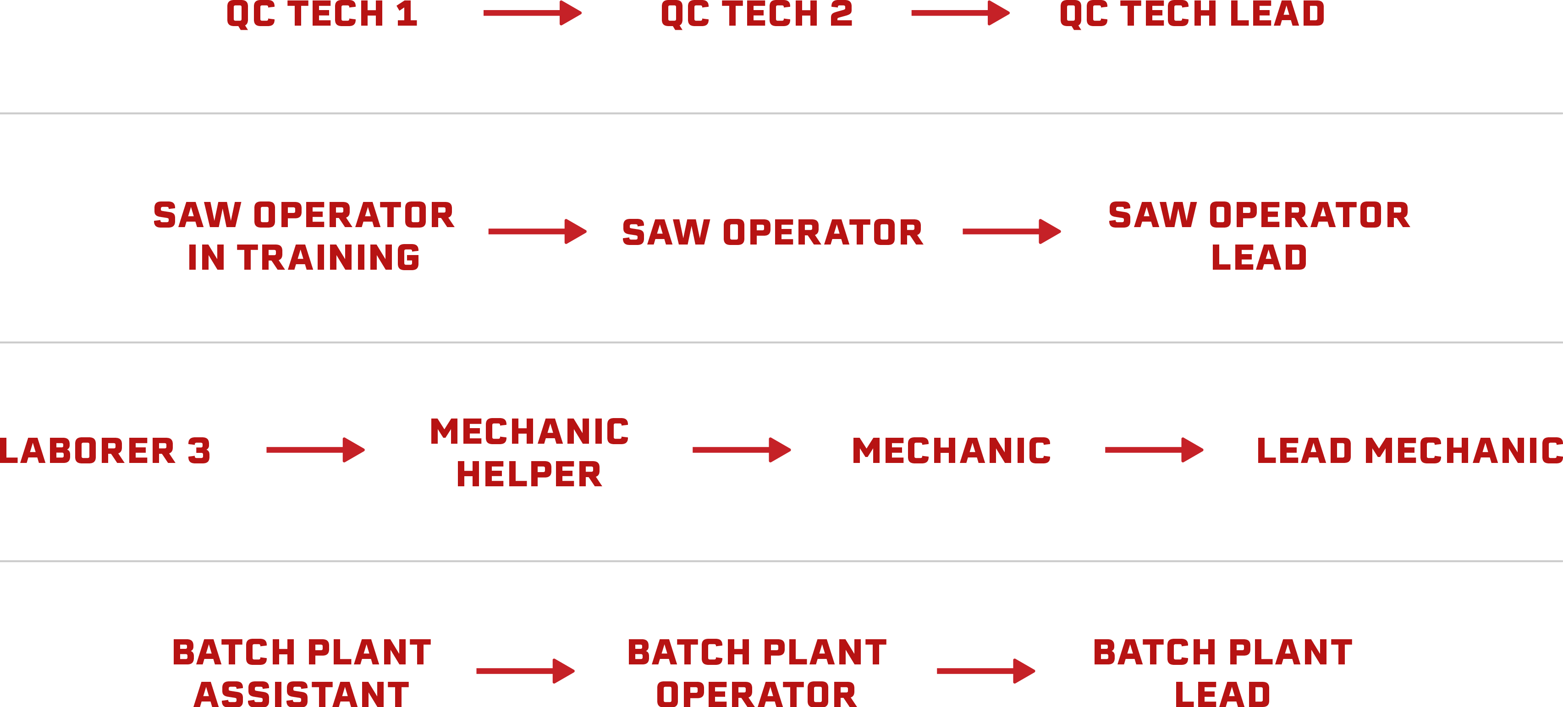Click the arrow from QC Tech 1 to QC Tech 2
(532, 13)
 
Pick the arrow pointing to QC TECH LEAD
(960, 13)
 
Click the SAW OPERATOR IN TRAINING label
(303, 236)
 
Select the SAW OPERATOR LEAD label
(1259, 236)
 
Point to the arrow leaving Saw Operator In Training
(537, 232)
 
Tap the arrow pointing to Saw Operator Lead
(1012, 232)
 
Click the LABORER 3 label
(105, 451)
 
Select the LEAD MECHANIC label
(1409, 451)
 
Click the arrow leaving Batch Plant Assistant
(525, 671)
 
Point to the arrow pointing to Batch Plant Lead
(986, 671)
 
